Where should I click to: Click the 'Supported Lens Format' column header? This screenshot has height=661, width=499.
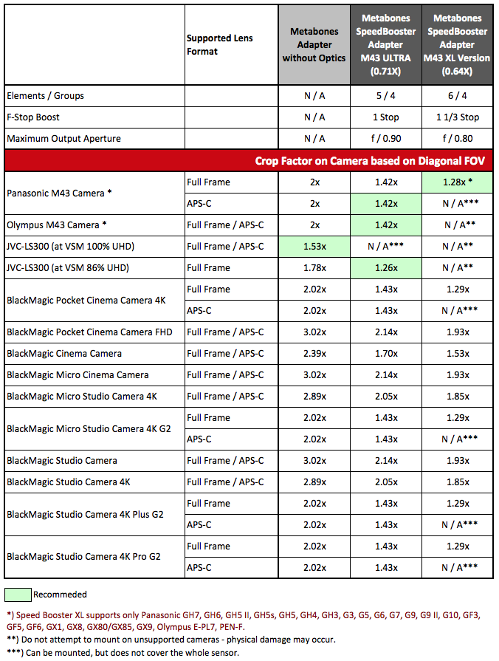[x=219, y=45]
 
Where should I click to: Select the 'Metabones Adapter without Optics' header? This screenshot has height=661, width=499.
[x=314, y=45]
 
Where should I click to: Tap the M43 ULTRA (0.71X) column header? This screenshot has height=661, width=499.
[x=385, y=45]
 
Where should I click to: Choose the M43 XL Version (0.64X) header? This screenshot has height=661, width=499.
[x=457, y=45]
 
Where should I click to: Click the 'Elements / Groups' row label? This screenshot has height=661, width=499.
[x=45, y=96]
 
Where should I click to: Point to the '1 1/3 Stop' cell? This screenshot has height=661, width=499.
[x=457, y=117]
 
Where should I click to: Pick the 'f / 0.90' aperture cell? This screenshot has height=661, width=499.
[x=386, y=139]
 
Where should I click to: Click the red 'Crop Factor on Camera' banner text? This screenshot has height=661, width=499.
[x=370, y=160]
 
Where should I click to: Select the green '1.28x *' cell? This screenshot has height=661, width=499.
[x=457, y=182]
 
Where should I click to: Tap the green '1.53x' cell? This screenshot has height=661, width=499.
[x=314, y=247]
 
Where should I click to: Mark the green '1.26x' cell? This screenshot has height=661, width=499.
[x=386, y=267]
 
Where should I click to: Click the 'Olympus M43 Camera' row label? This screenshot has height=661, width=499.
[x=57, y=225]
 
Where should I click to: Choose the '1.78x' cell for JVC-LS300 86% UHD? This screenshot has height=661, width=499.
[x=314, y=267]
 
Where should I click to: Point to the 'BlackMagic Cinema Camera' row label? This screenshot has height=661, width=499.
[x=64, y=354]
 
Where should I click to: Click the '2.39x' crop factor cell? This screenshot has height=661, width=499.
[x=314, y=354]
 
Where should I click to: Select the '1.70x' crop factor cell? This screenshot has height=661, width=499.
[x=386, y=354]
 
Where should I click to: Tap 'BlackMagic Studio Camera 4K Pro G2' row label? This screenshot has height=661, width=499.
[x=83, y=557]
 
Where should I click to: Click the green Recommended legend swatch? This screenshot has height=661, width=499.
[x=18, y=595]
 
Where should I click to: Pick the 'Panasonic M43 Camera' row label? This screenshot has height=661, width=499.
[x=59, y=193]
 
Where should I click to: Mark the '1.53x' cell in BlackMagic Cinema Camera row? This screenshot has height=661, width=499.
[x=458, y=354]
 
